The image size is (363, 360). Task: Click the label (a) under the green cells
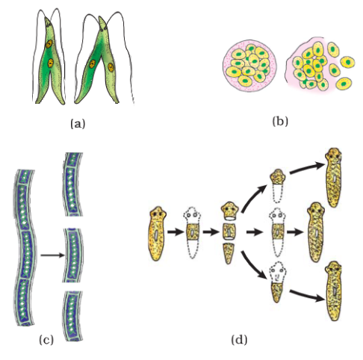(x=78, y=124)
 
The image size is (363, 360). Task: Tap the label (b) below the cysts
(x=280, y=121)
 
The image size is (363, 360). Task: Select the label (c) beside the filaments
(x=46, y=340)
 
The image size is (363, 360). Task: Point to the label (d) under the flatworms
(x=239, y=340)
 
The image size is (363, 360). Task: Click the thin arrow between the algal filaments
(x=52, y=255)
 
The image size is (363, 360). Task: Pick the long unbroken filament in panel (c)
(x=25, y=248)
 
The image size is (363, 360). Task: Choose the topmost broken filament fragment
(x=72, y=184)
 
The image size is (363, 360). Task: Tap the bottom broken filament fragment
(x=72, y=315)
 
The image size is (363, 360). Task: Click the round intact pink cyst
(x=249, y=66)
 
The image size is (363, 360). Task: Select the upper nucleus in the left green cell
(x=49, y=44)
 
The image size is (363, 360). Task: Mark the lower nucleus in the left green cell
(x=51, y=63)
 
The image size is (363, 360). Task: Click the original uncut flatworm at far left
(x=157, y=234)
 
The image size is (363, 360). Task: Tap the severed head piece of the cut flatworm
(x=230, y=211)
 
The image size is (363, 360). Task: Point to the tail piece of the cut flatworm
(x=228, y=253)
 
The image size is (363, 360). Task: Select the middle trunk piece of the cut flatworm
(x=229, y=232)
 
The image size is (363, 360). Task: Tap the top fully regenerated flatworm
(x=333, y=177)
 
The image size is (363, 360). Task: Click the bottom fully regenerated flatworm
(x=334, y=291)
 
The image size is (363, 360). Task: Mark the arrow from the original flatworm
(x=176, y=232)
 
